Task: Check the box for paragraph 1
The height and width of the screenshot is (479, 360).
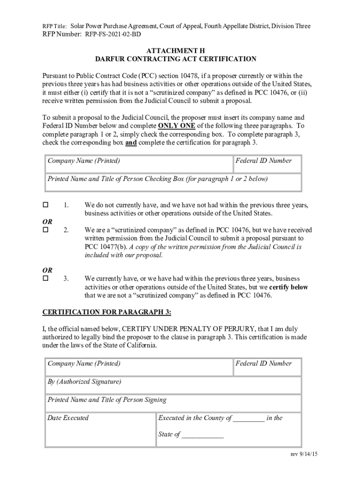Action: point(46,205)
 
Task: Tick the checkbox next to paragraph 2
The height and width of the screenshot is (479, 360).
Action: point(46,230)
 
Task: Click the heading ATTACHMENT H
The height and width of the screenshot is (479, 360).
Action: point(176,50)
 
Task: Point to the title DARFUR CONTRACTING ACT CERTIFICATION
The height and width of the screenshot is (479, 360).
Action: point(176,59)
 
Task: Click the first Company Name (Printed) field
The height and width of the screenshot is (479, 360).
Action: point(139,165)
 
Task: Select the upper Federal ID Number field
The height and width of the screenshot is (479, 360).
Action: point(267,165)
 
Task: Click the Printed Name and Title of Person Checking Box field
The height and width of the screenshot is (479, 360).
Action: point(173,183)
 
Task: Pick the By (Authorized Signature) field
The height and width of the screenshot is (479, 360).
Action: point(173,385)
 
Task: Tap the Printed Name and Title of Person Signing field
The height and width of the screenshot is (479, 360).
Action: point(173,404)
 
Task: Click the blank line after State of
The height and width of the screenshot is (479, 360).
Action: point(202,435)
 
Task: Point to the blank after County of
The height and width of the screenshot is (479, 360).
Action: point(248,418)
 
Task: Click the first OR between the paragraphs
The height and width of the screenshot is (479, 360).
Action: point(48,221)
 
